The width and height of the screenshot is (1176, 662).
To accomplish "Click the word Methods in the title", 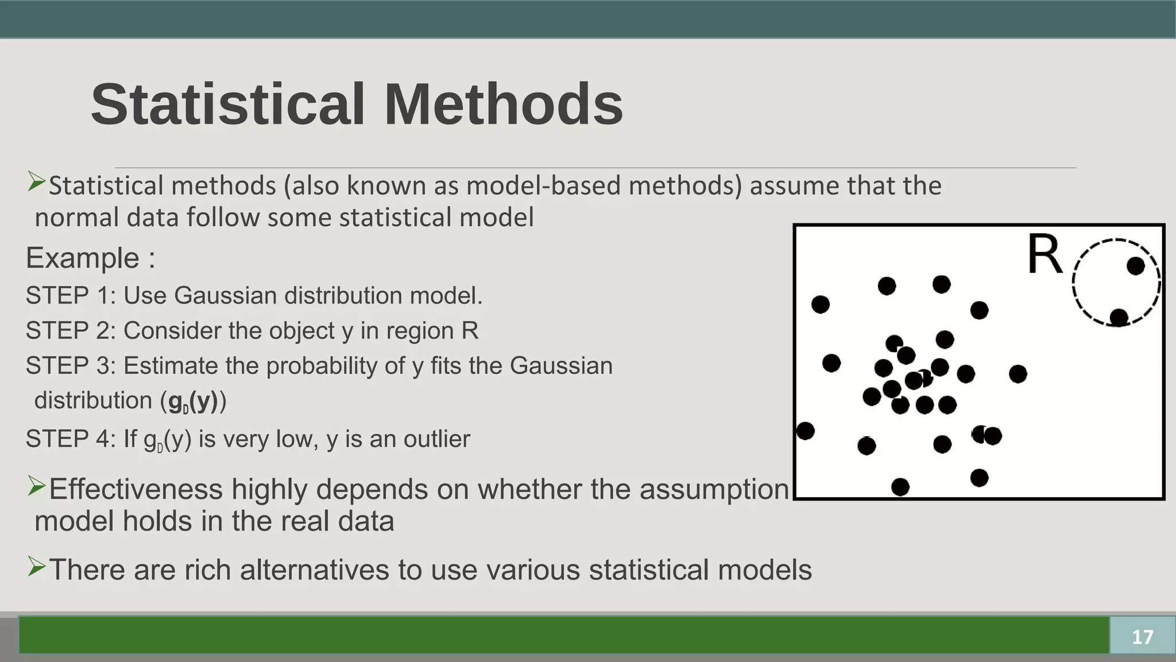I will tap(503, 105).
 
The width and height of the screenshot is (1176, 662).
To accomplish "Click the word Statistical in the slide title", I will tap(228, 105).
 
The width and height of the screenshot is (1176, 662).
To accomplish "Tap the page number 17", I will tap(1142, 637).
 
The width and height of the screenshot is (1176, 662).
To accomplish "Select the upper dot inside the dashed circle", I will tap(1135, 266).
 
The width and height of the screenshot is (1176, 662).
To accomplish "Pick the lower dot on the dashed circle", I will tap(1119, 317).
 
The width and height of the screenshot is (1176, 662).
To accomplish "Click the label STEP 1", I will tap(71, 296).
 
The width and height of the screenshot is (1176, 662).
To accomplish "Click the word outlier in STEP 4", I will tap(436, 439).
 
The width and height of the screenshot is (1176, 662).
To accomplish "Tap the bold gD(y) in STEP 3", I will tap(193, 401).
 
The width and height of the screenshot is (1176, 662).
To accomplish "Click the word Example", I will tap(82, 258).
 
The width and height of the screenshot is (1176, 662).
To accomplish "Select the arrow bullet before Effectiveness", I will tap(36, 487).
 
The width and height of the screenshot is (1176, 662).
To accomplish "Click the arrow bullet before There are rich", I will tap(36, 568).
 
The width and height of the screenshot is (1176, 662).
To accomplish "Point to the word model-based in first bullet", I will tap(543, 186).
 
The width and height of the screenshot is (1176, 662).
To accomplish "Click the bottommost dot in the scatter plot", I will tap(900, 487).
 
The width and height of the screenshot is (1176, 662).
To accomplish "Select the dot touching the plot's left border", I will tap(805, 430).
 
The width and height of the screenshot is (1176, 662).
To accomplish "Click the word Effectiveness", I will tap(136, 490).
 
